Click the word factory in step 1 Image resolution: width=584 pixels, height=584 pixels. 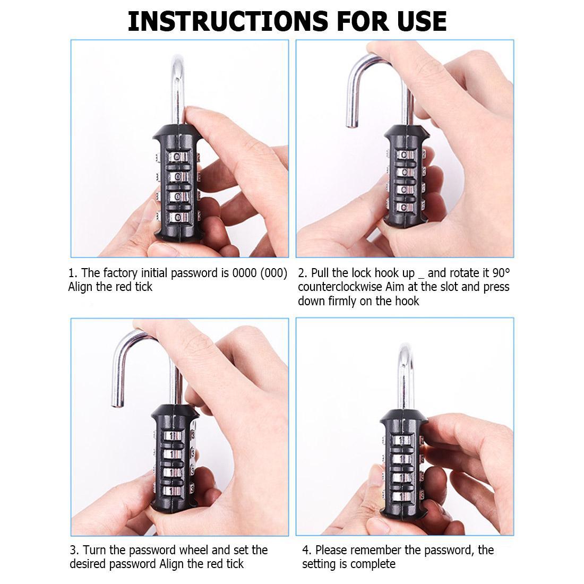[119, 273]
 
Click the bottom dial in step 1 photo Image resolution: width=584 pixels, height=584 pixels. [178, 216]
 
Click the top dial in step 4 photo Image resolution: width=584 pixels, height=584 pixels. [401, 440]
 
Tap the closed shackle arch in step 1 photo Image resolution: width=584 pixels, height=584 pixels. [178, 64]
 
